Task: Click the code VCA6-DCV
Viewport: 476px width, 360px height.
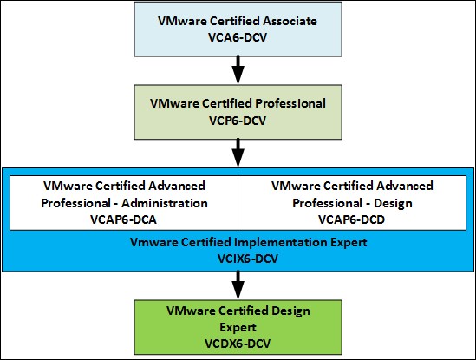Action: point(238,37)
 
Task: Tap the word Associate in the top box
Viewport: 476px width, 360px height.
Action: point(290,21)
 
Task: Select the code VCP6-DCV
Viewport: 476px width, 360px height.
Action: point(238,121)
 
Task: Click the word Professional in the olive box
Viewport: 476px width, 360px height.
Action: point(290,103)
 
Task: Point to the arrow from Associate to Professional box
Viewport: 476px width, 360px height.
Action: point(238,70)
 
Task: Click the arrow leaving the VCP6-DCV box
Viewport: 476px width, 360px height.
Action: point(238,153)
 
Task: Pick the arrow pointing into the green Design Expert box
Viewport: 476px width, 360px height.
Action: point(238,285)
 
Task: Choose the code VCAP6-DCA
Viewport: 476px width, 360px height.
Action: point(124,219)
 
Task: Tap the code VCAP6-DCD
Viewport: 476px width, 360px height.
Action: point(351,219)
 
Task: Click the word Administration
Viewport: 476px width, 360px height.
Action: point(165,203)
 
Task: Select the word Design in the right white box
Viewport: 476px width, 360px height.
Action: point(393,204)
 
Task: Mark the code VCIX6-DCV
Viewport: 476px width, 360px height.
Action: point(248,259)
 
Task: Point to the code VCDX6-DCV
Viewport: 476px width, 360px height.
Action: point(238,344)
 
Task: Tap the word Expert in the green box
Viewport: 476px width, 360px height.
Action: point(238,328)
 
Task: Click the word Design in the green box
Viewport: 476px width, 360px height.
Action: point(290,311)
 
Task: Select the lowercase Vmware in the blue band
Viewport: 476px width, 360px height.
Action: point(153,242)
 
